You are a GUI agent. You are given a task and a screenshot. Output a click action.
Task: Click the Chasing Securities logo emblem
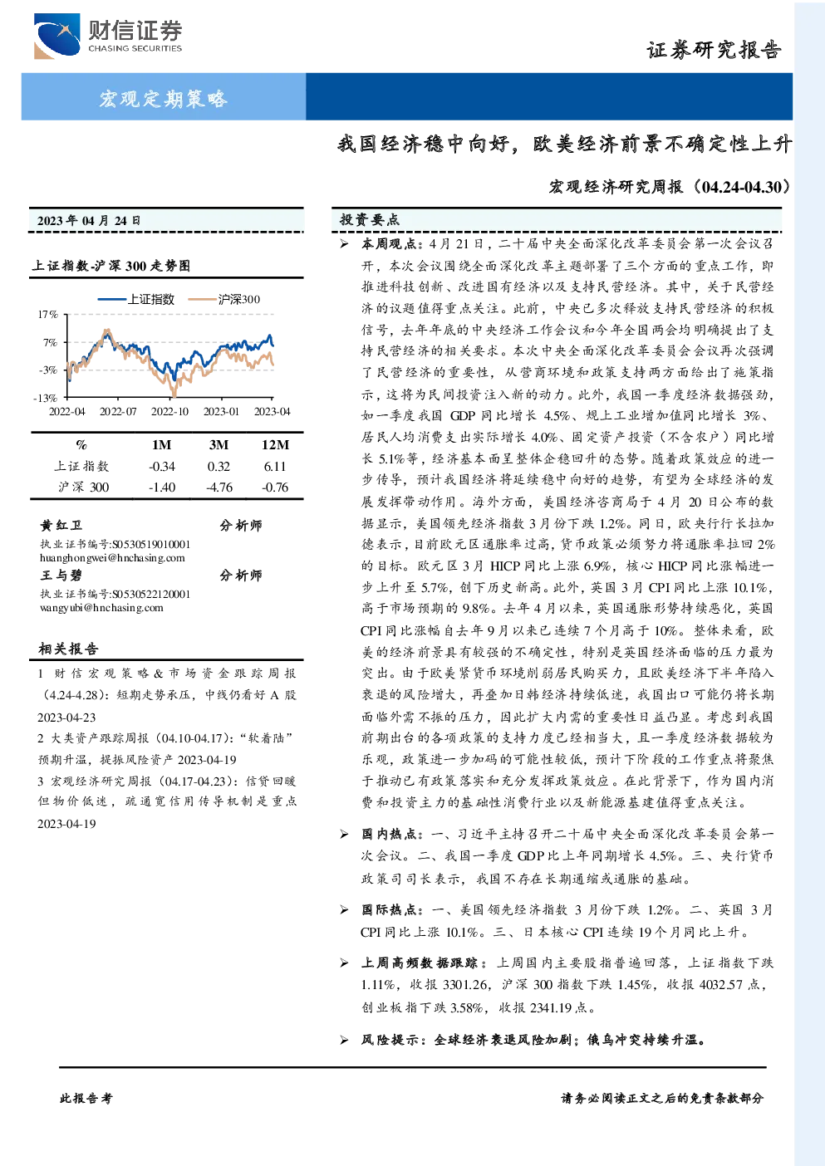tap(56, 36)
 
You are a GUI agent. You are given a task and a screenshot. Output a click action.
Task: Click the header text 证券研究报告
tap(714, 50)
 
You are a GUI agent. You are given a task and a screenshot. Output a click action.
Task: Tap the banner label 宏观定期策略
tap(164, 98)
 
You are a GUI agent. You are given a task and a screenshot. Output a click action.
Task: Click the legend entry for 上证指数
tap(136, 299)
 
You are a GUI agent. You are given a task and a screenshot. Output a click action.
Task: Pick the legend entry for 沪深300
tap(224, 299)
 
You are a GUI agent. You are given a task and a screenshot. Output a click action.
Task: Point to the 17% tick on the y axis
tap(47, 315)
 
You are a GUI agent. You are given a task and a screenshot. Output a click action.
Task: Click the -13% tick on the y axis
tap(46, 398)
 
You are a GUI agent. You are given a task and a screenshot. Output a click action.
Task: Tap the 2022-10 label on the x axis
tap(169, 412)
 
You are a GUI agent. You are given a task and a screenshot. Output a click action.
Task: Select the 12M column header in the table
tap(275, 445)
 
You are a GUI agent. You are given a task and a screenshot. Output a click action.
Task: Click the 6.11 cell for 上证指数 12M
tap(275, 467)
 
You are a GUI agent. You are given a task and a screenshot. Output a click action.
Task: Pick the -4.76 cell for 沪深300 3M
tap(219, 487)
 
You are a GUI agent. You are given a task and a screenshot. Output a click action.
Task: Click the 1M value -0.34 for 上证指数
tap(162, 467)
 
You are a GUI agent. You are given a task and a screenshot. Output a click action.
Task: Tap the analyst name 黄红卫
tap(61, 525)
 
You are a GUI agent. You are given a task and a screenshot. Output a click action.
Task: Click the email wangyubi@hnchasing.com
tap(101, 607)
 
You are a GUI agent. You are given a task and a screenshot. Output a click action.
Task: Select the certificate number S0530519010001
tap(151, 545)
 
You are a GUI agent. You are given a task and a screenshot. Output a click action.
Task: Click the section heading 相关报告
tap(68, 649)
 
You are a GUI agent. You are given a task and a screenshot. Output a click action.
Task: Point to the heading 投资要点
tap(370, 220)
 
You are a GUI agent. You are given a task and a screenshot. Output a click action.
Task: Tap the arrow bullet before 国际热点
tap(344, 910)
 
